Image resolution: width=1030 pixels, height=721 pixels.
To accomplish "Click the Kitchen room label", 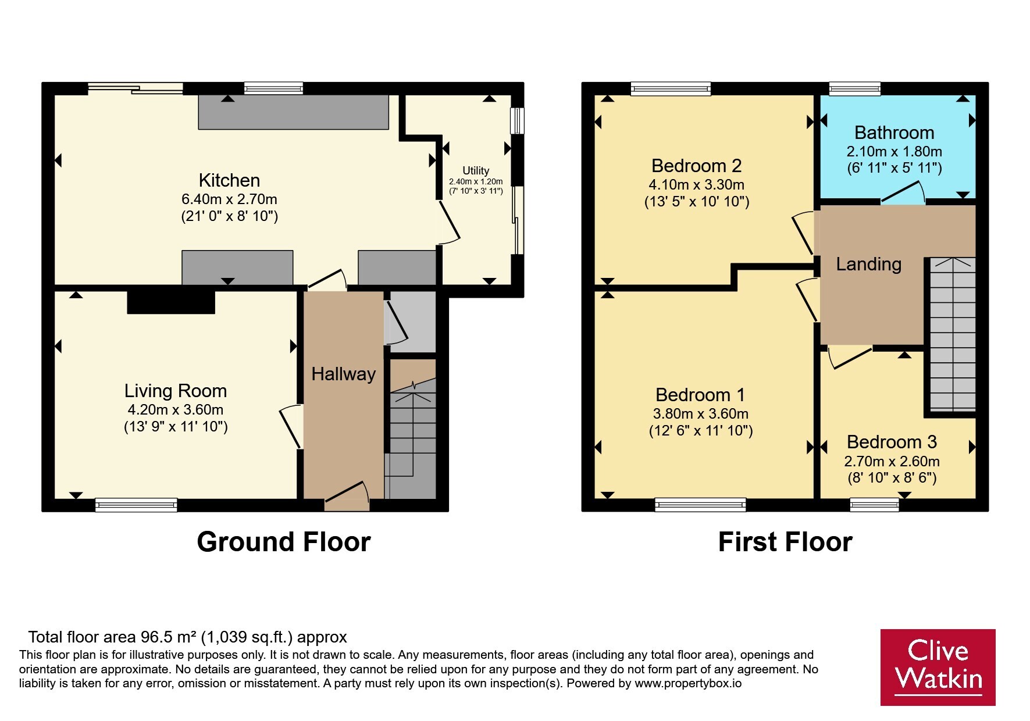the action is pyautogui.click(x=229, y=180).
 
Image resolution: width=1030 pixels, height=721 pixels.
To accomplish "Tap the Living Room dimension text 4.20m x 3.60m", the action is pyautogui.click(x=176, y=409).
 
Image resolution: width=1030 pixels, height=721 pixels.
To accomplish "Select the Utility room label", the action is pyautogui.click(x=476, y=170).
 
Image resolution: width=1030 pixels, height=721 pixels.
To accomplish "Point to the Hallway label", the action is pyautogui.click(x=343, y=374).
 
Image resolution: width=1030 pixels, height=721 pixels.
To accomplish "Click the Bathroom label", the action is pyautogui.click(x=894, y=133).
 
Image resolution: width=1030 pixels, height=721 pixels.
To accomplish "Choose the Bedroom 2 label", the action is pyautogui.click(x=697, y=166).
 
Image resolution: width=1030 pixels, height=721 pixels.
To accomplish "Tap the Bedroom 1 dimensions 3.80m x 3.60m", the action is pyautogui.click(x=701, y=413).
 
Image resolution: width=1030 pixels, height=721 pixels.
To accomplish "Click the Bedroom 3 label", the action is pyautogui.click(x=892, y=442).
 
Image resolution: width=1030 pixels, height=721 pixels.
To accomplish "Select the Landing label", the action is pyautogui.click(x=869, y=265).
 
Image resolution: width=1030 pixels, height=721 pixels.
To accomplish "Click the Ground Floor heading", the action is pyautogui.click(x=284, y=542).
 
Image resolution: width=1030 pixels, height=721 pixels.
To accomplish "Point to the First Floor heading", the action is pyautogui.click(x=785, y=542).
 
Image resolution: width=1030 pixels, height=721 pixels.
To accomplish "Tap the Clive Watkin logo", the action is pyautogui.click(x=938, y=668).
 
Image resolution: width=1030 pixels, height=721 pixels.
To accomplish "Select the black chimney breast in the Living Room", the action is pyautogui.click(x=171, y=302).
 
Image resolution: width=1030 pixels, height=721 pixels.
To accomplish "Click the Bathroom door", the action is pyautogui.click(x=903, y=193).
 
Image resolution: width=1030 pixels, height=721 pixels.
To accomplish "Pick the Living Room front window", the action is pyautogui.click(x=136, y=505).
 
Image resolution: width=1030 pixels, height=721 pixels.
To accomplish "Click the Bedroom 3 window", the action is pyautogui.click(x=874, y=505).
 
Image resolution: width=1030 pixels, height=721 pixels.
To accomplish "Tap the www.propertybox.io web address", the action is pyautogui.click(x=688, y=683).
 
